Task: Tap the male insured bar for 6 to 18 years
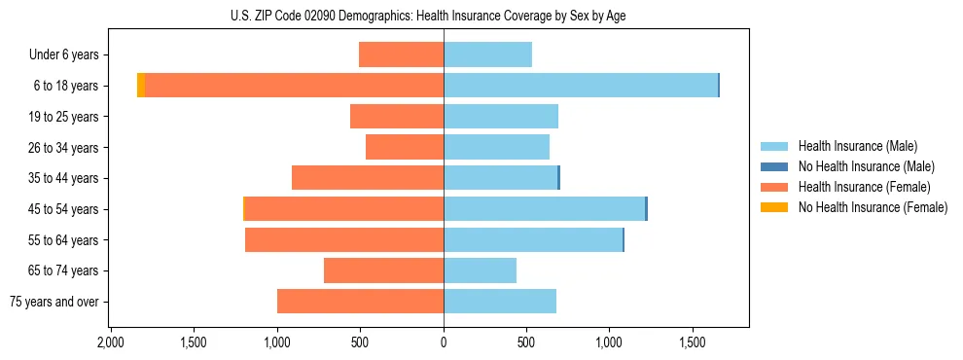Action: coord(581,86)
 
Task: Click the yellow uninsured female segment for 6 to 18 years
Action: coord(141,86)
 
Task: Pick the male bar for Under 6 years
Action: coord(487,54)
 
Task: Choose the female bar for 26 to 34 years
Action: coord(405,147)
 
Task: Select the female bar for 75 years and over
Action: coord(360,302)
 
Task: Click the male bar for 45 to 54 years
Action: coord(544,209)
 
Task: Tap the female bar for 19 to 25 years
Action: coord(397,117)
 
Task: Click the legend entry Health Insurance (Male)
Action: coord(856,146)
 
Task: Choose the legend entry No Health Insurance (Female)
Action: coord(873,207)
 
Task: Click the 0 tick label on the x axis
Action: coord(444,343)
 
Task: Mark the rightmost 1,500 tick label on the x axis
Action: coord(693,343)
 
